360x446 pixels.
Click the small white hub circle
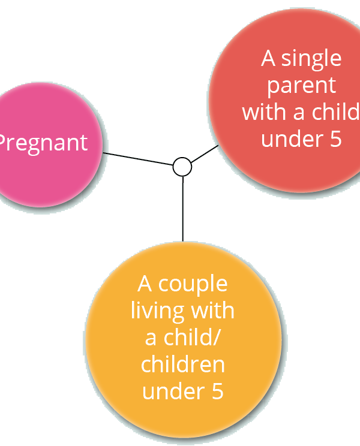click(x=182, y=167)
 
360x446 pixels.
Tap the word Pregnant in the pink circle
click(x=42, y=143)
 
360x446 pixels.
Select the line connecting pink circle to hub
click(x=138, y=159)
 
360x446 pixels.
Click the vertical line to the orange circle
click(x=183, y=209)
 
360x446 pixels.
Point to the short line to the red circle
click(x=205, y=154)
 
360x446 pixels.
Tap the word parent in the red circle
click(x=302, y=86)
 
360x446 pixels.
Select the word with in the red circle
click(x=264, y=111)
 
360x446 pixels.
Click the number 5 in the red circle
click(x=335, y=139)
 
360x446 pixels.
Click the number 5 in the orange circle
click(x=217, y=391)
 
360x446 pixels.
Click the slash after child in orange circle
click(x=216, y=337)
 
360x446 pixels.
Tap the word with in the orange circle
click(x=212, y=311)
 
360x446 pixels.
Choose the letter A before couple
click(x=145, y=284)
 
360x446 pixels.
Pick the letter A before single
click(x=268, y=58)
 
